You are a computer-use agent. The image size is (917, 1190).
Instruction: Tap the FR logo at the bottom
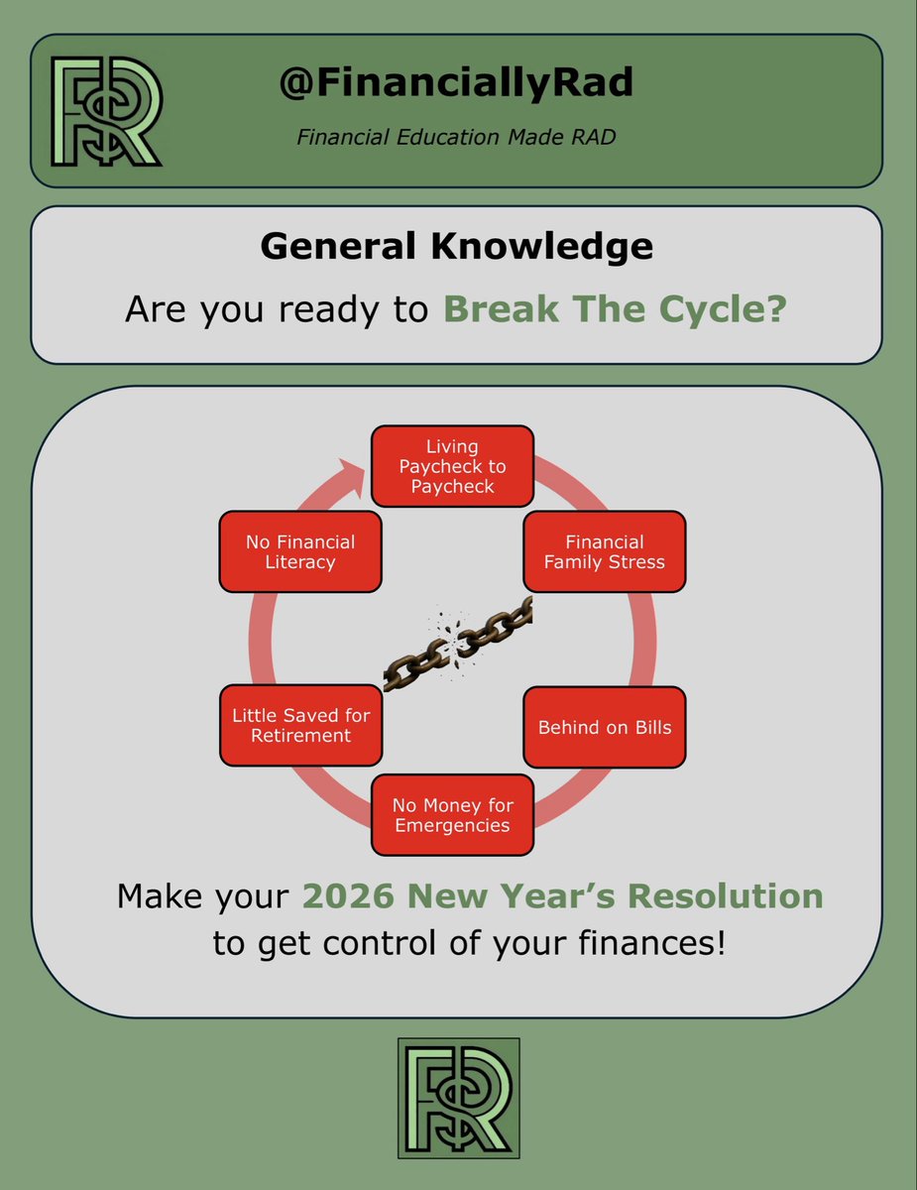[x=458, y=1098]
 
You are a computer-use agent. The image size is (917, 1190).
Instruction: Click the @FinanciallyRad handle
[x=456, y=83]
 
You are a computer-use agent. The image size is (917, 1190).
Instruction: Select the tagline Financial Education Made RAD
[x=456, y=137]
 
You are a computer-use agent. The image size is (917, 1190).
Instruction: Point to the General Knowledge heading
[x=456, y=245]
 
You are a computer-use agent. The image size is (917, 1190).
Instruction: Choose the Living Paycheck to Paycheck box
[x=452, y=466]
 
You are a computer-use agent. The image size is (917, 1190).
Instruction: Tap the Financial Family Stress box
[x=605, y=551]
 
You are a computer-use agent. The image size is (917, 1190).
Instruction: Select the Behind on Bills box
[x=605, y=728]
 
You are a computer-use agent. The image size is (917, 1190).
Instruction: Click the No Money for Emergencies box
[x=452, y=815]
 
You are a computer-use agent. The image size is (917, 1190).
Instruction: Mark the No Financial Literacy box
[x=299, y=551]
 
